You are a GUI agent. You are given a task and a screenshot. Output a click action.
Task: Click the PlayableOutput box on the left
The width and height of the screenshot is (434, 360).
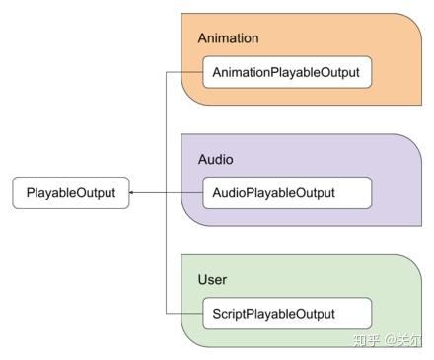point(71,193)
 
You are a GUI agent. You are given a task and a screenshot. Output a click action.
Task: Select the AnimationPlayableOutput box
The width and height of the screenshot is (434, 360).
point(287,72)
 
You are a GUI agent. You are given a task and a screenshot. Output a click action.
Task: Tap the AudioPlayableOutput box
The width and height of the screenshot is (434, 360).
point(287,193)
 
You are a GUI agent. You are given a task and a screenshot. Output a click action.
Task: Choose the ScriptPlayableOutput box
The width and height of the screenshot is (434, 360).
point(287,314)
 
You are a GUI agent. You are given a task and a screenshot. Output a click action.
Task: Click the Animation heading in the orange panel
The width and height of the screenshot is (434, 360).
point(228,38)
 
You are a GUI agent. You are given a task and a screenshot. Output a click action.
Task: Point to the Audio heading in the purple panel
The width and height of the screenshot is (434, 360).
point(216,159)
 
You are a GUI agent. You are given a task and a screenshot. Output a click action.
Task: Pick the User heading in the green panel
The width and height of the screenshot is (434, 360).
point(212,280)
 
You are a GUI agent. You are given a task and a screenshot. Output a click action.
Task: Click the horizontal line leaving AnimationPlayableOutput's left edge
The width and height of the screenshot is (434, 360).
point(184,72)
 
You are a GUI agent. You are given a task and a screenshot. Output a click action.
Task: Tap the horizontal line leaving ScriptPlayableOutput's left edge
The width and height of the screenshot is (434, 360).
point(184,314)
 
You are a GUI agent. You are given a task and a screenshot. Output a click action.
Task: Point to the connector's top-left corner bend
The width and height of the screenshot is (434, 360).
point(166,72)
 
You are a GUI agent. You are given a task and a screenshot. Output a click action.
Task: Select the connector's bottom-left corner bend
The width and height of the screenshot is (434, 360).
point(166,314)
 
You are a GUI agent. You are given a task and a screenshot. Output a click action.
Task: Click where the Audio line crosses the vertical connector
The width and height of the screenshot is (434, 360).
point(166,193)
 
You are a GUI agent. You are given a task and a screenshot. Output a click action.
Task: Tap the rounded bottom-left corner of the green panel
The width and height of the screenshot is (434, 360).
point(193,340)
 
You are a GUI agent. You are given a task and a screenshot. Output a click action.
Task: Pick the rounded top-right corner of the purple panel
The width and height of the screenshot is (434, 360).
point(411,144)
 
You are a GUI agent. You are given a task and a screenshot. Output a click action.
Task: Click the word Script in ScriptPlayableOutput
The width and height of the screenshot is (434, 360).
point(229,314)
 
